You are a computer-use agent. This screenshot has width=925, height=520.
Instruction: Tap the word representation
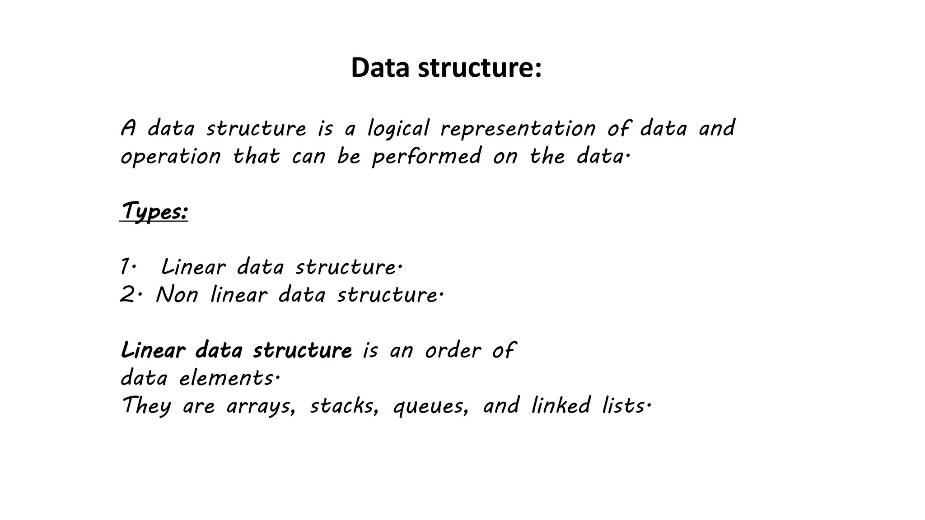[x=518, y=129]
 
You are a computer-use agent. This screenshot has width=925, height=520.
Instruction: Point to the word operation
[x=171, y=157]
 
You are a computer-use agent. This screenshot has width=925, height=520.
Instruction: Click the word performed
[x=427, y=157]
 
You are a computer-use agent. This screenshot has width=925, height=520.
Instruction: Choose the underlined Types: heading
[x=154, y=211]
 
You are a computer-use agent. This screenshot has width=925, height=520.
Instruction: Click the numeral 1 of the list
[x=125, y=267]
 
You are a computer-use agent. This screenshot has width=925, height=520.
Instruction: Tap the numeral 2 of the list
[x=127, y=295]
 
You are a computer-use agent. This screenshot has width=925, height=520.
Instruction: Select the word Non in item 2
[x=177, y=295]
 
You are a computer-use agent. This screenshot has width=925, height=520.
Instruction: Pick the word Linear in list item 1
[x=193, y=267]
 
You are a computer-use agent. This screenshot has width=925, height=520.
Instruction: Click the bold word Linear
[x=153, y=351]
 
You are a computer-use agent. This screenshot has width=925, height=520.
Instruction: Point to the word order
[x=453, y=351]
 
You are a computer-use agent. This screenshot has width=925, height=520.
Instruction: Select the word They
[x=146, y=406]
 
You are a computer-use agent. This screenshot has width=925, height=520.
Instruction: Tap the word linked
[x=561, y=405]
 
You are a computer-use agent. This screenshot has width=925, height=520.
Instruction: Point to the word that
[x=256, y=157]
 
